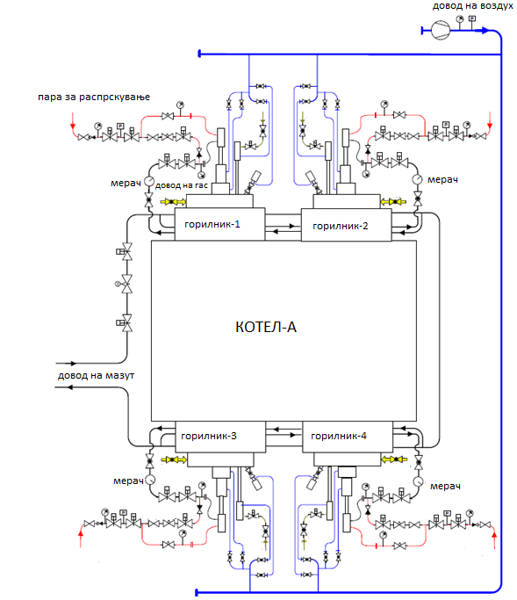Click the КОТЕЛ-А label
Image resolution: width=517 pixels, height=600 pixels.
(266, 327)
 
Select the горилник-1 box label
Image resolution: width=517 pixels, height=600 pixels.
(212, 224)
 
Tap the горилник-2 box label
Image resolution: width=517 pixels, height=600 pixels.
(341, 226)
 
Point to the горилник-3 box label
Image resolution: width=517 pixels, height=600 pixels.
(209, 436)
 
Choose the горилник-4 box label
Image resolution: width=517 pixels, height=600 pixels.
(339, 436)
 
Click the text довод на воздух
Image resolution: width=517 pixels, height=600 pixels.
(472, 6)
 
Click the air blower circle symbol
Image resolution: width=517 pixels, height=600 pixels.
(441, 30)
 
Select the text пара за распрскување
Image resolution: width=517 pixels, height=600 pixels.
(94, 98)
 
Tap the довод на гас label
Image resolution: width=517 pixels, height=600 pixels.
(181, 185)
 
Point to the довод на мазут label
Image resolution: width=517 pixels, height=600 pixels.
(96, 375)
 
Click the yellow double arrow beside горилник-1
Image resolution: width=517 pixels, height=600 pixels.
(172, 202)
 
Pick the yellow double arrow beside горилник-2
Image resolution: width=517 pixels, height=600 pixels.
(393, 202)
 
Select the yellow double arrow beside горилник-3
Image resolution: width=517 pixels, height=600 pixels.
(174, 459)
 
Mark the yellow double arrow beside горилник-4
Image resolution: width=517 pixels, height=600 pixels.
(394, 459)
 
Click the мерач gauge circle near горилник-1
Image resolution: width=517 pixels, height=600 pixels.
(148, 181)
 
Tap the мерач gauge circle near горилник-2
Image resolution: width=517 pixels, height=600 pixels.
(417, 178)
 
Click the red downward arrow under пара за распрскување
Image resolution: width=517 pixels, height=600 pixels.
(73, 121)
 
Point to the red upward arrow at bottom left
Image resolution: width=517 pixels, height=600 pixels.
(81, 536)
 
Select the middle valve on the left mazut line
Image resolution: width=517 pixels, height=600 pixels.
(126, 284)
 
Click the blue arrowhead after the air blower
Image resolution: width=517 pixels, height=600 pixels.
(485, 30)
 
